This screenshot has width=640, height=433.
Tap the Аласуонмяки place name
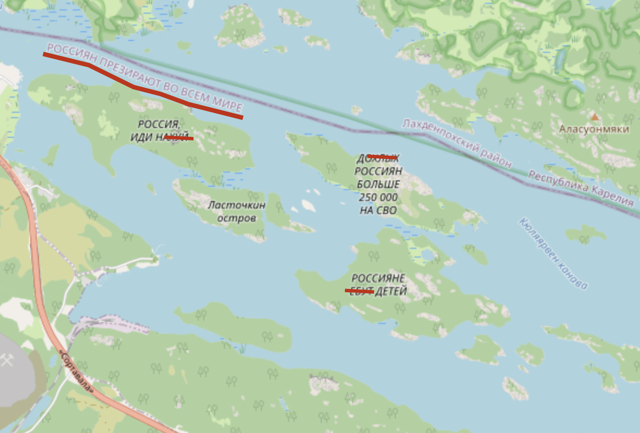[594, 129]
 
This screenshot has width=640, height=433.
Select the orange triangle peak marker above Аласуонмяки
[594, 116]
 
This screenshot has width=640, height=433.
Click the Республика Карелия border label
[581, 188]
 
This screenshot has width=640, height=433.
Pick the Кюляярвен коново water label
[553, 253]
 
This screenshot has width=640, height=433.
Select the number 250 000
[378, 197]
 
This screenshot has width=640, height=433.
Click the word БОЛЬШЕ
[378, 184]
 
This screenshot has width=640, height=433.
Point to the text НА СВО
[378, 210]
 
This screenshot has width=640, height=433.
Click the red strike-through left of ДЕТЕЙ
[359, 291]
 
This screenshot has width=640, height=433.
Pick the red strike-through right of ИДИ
[179, 138]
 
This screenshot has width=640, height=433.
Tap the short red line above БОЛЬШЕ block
[382, 157]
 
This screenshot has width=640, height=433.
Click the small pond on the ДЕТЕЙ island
[428, 255]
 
